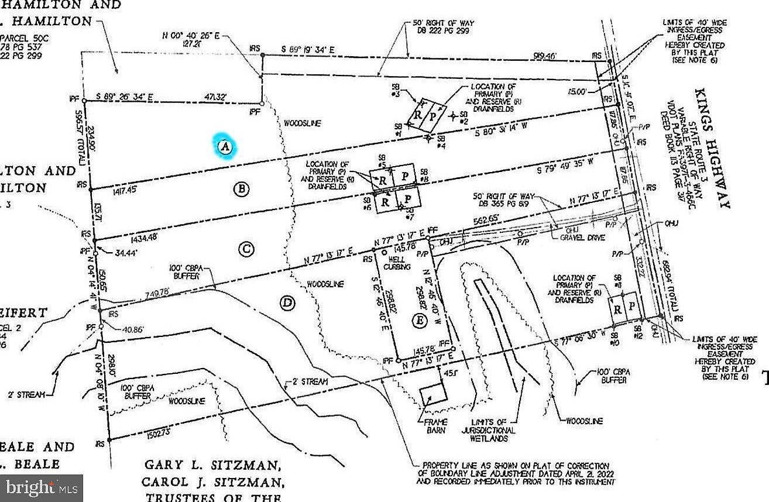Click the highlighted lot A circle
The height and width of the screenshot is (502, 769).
pos(225,146)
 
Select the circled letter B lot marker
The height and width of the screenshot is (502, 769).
pos(241,188)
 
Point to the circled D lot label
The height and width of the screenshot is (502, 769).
pos(287,303)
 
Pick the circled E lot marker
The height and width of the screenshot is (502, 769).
pos(418,321)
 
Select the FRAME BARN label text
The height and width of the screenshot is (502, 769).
pos(432,425)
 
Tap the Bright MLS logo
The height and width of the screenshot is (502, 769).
pos(41,487)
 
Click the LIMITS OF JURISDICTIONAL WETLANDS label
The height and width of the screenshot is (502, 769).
pos(492,430)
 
